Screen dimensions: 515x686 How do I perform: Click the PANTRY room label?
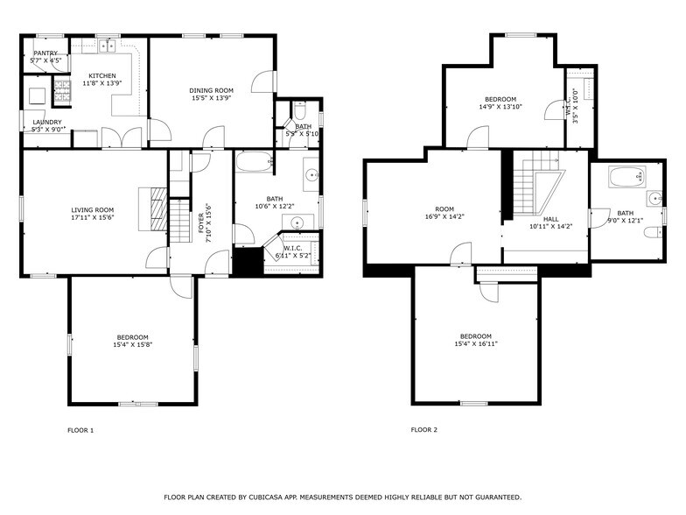[45, 53]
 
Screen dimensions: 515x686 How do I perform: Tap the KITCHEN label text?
[101, 75]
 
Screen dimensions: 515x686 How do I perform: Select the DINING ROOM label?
[212, 90]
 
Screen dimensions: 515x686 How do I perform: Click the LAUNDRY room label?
[46, 122]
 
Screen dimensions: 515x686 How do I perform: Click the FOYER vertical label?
[201, 218]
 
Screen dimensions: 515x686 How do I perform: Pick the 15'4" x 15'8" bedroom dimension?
[133, 345]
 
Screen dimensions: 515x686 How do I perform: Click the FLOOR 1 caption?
[80, 430]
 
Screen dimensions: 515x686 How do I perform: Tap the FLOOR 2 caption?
[423, 430]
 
